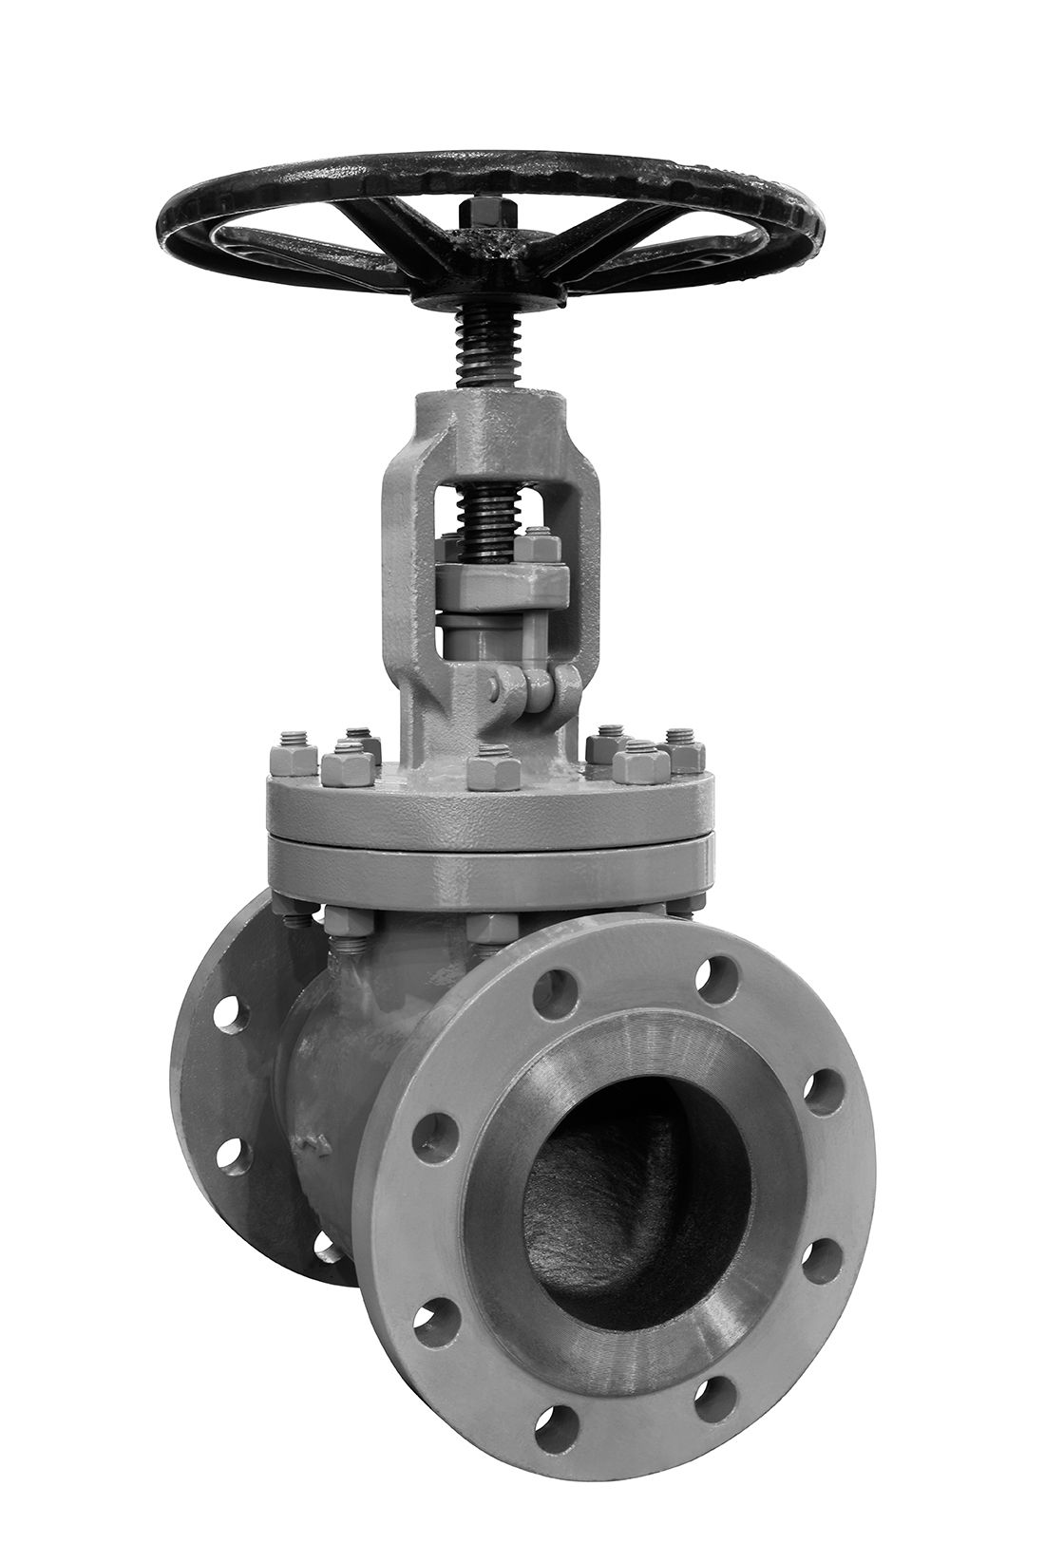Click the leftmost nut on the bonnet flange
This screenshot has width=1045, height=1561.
pos(294,761)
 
